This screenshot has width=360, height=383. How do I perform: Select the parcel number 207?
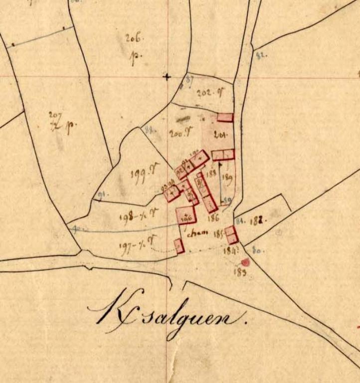[55, 116]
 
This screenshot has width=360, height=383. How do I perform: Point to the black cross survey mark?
[167, 77]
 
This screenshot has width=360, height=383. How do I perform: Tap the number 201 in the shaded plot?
[219, 134]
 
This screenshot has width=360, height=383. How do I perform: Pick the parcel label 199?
[138, 174]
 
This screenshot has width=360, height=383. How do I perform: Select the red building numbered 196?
[186, 215]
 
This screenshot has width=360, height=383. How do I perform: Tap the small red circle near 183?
[245, 262]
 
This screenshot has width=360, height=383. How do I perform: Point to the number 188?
[211, 174]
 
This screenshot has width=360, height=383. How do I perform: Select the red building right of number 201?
[225, 118]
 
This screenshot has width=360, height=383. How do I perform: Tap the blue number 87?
[189, 79]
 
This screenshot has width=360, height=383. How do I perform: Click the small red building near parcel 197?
[179, 246]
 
